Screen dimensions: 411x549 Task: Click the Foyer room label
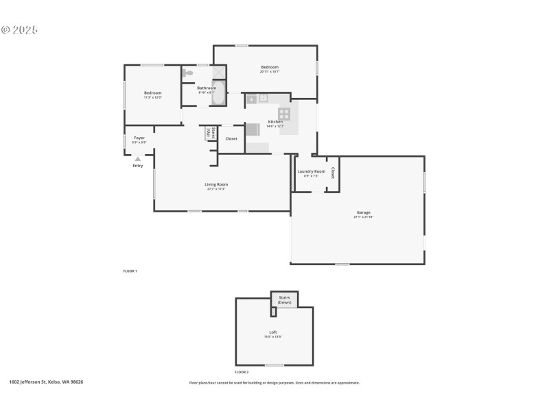[139, 138]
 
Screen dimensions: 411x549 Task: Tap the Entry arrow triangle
[138, 159]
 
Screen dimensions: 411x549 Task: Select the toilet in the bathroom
[188, 72]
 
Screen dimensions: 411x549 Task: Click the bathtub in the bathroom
[218, 96]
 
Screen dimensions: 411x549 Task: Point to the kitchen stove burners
[284, 114]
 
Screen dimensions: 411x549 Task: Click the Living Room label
[216, 184]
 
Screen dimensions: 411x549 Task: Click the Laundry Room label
[312, 171]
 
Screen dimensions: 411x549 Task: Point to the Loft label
[273, 332]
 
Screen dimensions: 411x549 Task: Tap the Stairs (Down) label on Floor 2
[284, 299]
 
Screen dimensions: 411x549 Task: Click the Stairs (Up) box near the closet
[211, 134]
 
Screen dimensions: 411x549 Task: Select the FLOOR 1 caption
[130, 271]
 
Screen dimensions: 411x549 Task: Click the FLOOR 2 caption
[242, 371]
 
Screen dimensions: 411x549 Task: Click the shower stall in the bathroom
[218, 73]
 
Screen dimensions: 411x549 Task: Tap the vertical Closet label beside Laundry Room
[333, 173]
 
